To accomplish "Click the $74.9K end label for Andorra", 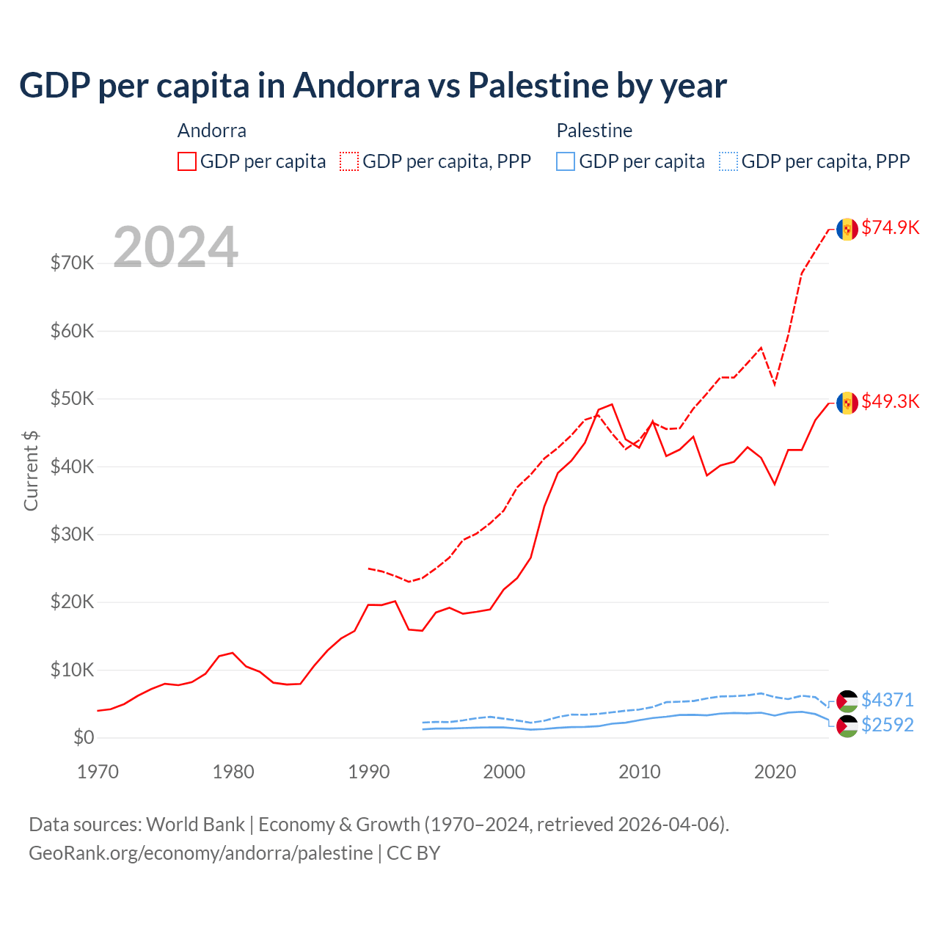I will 890,227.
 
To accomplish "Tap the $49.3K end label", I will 890,401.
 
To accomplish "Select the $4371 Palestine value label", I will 887,700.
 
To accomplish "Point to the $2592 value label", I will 887,725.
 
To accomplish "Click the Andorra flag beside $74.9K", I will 847,229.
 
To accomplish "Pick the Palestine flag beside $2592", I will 847,726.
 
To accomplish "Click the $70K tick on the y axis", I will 72,263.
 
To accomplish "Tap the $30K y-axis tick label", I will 72,534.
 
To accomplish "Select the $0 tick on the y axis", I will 84,737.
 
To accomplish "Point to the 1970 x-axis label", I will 98,772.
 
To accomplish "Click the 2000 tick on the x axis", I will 504,772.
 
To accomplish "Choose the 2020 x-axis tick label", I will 775,772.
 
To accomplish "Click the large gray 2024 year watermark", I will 175,247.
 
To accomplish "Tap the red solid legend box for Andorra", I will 187,161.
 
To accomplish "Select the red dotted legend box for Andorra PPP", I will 349,161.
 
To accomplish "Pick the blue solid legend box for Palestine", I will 566,161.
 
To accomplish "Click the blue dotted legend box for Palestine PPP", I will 728,161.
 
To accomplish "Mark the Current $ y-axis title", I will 31,470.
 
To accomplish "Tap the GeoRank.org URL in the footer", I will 200,853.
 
